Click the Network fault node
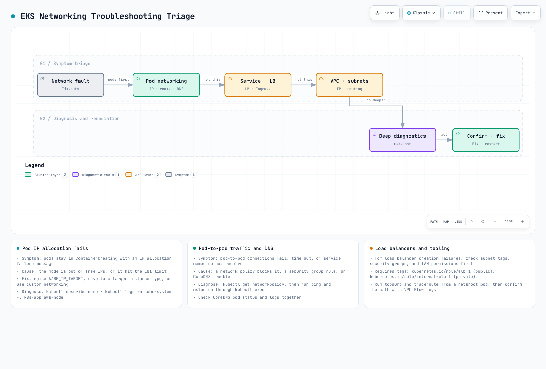70,85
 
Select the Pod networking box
166,85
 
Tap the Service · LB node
258,85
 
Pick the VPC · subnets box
349,85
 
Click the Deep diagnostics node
402,140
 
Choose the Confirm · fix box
486,140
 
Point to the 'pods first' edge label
118,79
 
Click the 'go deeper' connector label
376,100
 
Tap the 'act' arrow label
444,135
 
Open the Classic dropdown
421,13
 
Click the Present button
490,13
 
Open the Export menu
525,13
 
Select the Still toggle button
457,13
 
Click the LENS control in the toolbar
458,222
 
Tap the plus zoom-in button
522,222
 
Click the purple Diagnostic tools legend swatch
75,175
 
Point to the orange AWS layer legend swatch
129,175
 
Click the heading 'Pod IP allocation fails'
55,248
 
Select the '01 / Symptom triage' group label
65,64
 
